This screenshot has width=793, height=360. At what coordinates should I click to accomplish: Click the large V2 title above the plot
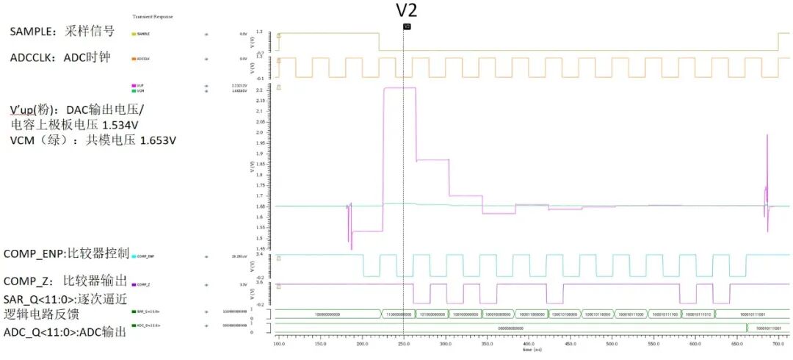(x=407, y=10)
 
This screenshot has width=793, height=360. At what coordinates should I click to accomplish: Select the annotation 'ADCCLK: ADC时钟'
(x=59, y=57)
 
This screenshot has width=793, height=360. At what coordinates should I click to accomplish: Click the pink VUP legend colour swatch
(x=134, y=86)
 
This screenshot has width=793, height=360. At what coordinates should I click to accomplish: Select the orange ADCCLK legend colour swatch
(x=134, y=58)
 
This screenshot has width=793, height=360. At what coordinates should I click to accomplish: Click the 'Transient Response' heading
(x=153, y=16)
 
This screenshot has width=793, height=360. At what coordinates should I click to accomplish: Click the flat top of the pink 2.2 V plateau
(x=399, y=87)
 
